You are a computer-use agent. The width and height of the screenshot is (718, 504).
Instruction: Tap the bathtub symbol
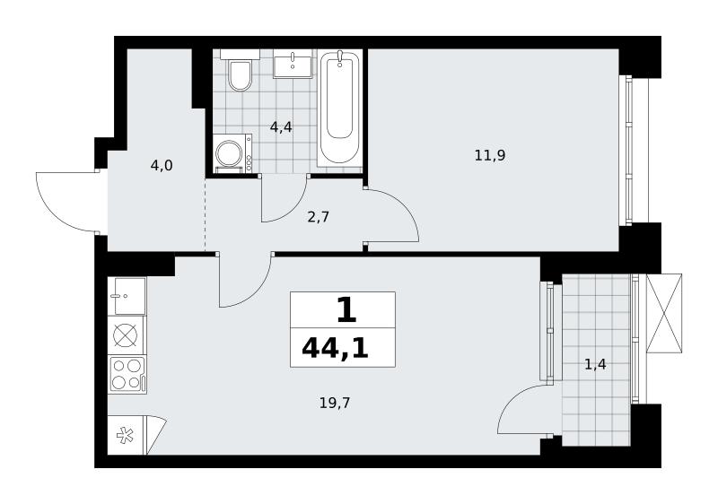(x=339, y=109)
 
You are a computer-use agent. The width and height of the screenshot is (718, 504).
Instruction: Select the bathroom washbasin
(x=293, y=65)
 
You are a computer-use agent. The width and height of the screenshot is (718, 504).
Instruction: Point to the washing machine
(x=233, y=153)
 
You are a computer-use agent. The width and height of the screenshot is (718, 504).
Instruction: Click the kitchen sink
(x=127, y=296)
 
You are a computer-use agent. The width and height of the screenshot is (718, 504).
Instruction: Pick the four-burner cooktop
(x=127, y=374)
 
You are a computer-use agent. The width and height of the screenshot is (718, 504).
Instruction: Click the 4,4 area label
(x=281, y=127)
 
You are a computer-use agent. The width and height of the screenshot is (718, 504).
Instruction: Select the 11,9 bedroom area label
(x=489, y=155)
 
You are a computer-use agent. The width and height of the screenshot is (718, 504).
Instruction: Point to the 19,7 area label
(x=335, y=403)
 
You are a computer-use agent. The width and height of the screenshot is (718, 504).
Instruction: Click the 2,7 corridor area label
(x=319, y=217)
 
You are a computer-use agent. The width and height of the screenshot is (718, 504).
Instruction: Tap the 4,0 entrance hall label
(x=162, y=166)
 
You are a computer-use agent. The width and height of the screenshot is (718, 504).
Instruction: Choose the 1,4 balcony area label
(x=595, y=364)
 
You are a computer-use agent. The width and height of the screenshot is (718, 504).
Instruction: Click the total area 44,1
(x=335, y=349)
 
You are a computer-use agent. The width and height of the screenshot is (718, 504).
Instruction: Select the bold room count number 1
(x=346, y=309)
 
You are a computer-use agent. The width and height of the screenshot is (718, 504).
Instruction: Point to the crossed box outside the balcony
(x=664, y=313)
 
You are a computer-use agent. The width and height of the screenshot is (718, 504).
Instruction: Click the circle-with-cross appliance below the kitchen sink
(x=126, y=335)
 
